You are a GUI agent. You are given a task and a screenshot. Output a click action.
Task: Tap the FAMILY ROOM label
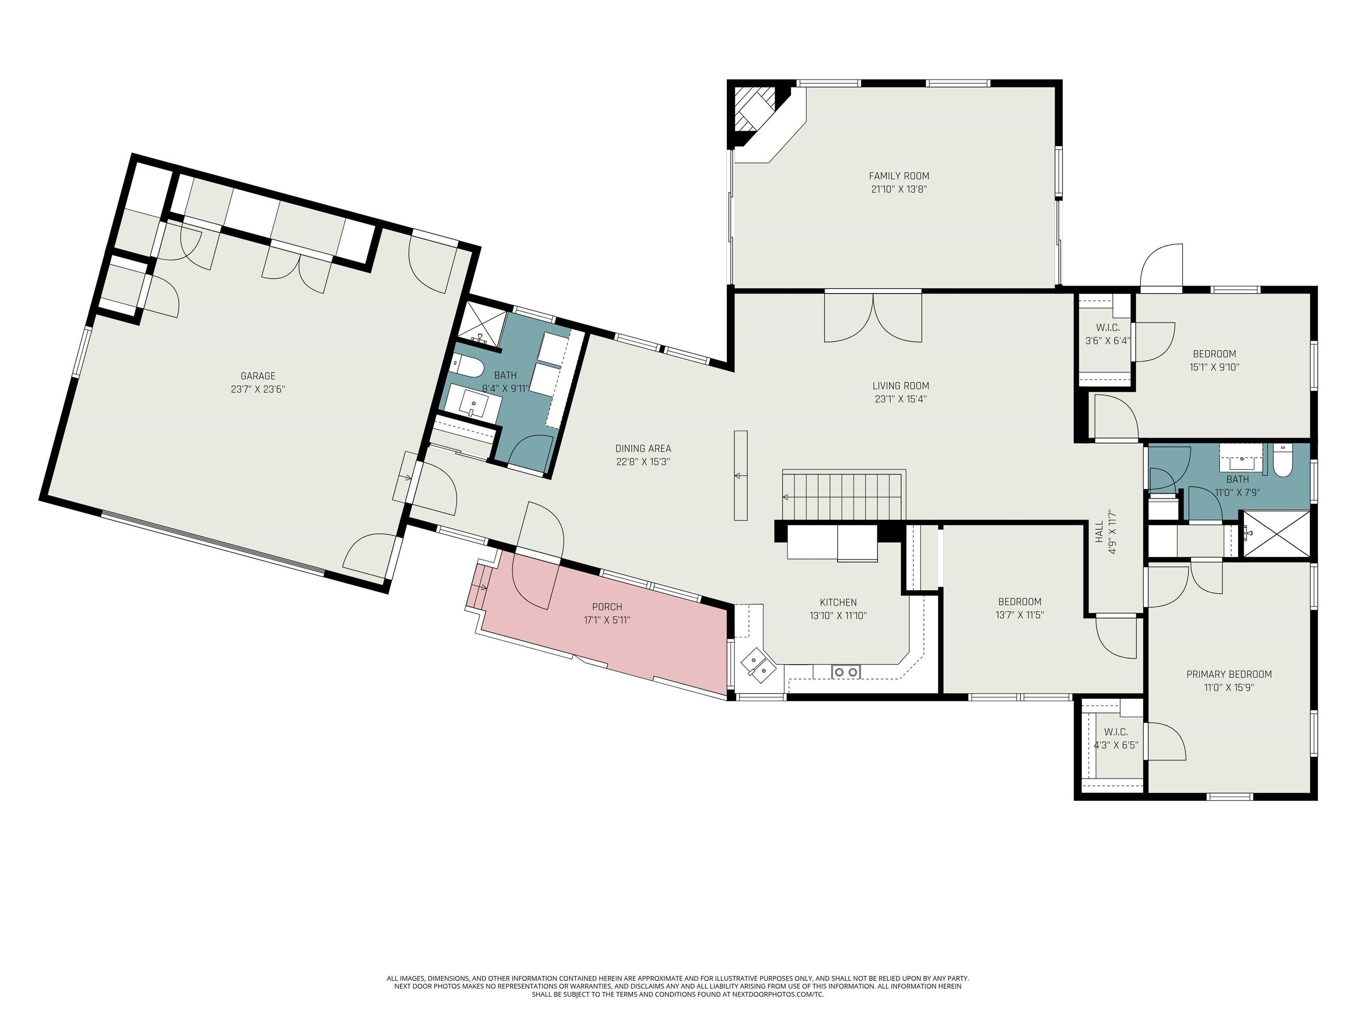[899, 176]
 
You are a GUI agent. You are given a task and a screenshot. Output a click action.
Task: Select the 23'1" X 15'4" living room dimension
[900, 399]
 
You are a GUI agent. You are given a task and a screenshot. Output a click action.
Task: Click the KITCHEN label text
[838, 603]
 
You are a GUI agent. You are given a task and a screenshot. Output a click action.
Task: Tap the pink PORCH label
[607, 607]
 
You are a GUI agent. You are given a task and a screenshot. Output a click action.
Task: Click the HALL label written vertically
[1099, 531]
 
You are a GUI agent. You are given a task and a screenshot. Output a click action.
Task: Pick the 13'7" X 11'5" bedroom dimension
[1020, 615]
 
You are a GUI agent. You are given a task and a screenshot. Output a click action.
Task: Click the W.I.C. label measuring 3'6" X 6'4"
[1108, 328]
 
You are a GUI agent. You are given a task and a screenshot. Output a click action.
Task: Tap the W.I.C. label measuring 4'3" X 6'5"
[1116, 732]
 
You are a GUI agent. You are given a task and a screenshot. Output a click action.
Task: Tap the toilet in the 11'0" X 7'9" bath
[1282, 461]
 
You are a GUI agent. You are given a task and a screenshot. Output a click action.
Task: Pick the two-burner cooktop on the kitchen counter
[846, 672]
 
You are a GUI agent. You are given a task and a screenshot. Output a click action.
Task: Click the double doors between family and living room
[873, 317]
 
